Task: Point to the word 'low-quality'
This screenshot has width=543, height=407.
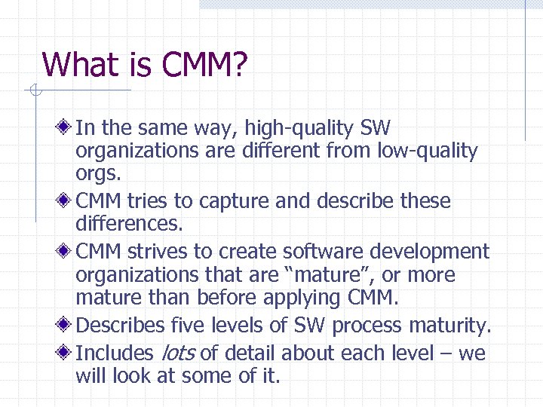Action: coord(428,151)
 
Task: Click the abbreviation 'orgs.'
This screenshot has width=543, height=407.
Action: coord(98,174)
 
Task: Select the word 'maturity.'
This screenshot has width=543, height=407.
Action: coord(449,326)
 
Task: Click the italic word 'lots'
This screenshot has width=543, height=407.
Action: coord(174,353)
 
